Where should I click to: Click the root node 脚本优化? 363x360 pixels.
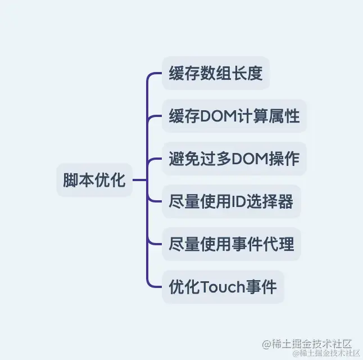94,181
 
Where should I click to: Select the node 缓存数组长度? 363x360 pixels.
216,73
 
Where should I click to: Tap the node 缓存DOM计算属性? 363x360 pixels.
234,116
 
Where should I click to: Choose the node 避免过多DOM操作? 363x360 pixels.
234,159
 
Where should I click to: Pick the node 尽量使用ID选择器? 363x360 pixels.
231,201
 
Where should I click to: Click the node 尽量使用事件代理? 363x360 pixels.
231,244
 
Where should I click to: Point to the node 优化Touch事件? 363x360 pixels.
223,287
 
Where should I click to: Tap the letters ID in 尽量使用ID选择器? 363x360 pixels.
239,201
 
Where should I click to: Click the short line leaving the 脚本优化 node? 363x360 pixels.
139,181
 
